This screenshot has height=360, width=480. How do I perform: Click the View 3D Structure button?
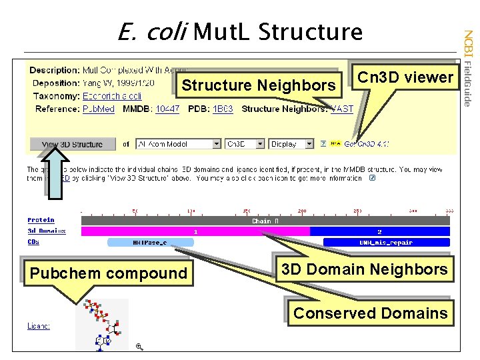pos(72,144)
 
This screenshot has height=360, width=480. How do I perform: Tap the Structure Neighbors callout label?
pos(259,85)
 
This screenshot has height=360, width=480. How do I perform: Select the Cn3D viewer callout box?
pos(405,77)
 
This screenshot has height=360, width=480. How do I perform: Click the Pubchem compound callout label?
pos(108,273)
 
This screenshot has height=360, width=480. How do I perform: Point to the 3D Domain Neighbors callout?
pos(363,270)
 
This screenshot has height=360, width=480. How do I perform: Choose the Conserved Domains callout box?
pos(370,313)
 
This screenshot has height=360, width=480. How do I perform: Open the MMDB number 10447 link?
pos(167,109)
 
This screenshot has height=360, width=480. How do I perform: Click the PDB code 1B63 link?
pos(223,109)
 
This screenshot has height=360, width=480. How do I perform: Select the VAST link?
pos(342,109)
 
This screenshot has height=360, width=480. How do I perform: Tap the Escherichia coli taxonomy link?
pos(111,96)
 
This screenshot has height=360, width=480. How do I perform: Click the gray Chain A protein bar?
pos(265,221)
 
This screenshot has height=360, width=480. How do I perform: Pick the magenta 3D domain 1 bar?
pos(195,231)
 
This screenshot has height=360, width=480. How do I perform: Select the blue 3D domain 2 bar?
pos(380,231)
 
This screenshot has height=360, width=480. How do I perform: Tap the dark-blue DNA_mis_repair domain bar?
pos(386,243)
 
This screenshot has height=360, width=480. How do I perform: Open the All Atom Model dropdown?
pos(178,144)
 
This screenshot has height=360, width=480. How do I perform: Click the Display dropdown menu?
pos(291,144)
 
